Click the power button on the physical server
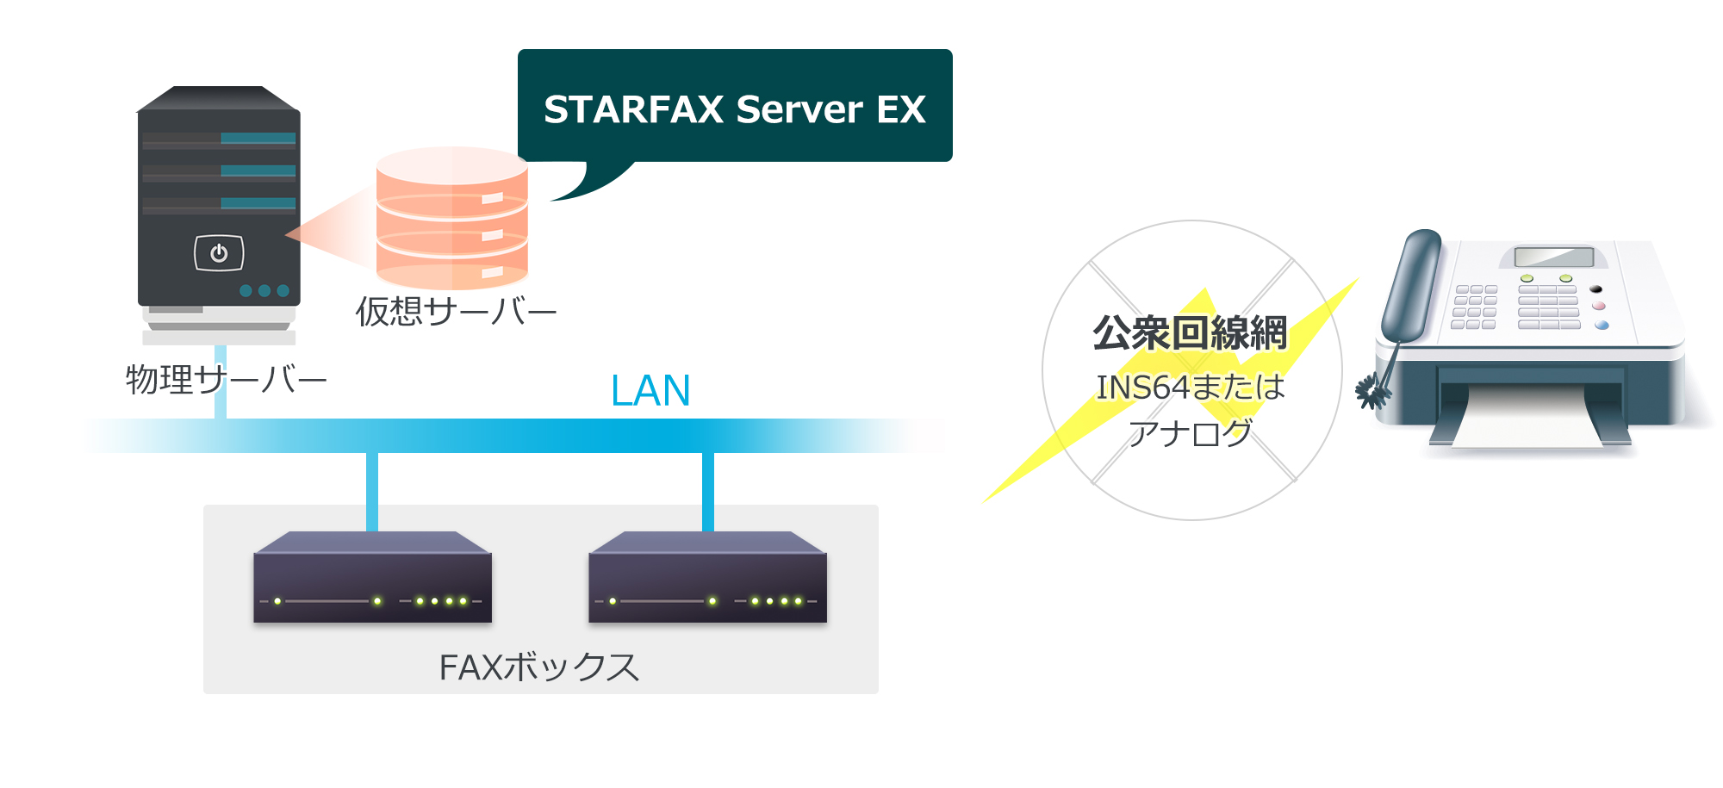pos(219,253)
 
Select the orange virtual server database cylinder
pos(452,219)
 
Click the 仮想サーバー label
pos(456,311)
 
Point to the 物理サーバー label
pos(226,379)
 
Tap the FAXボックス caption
pos(539,667)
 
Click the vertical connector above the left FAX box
pos(372,491)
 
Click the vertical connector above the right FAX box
pos(708,491)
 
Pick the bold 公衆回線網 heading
pos(1191,333)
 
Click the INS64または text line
pos(1191,388)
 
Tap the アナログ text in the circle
pos(1191,433)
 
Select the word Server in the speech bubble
pos(799,109)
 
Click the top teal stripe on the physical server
pos(258,138)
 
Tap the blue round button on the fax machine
pos(1602,326)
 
